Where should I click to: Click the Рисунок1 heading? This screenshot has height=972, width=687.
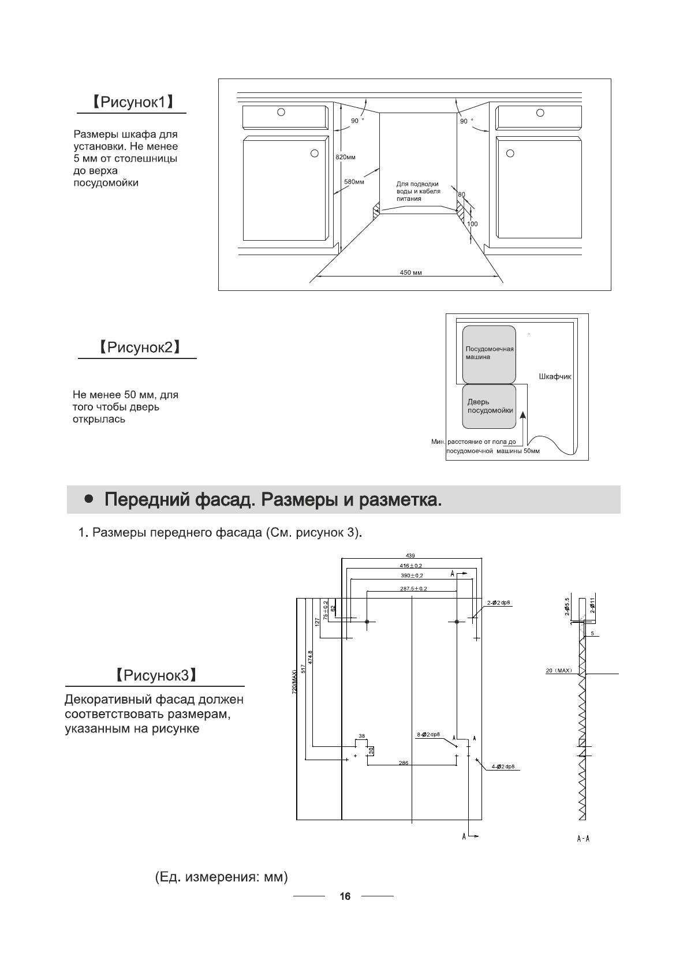point(132,103)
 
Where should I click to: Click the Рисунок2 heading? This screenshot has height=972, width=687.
point(137,347)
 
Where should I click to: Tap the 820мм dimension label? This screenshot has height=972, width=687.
point(345,157)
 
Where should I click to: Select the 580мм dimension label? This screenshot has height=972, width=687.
point(354,182)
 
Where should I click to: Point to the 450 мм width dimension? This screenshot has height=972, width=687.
point(410,272)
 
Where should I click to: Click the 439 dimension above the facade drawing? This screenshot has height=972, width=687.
point(410,555)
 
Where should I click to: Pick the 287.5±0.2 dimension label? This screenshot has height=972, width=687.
point(413,589)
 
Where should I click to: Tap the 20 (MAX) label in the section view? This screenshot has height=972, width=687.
point(559,671)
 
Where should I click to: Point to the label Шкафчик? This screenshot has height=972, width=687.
point(554,376)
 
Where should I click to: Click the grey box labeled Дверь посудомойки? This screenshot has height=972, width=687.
point(489,406)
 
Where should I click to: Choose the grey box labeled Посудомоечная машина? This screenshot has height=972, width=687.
point(488,354)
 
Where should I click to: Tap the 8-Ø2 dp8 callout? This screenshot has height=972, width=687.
point(428,734)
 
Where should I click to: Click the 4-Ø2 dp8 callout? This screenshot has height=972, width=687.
point(502,767)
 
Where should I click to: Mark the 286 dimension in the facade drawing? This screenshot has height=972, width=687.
point(403,763)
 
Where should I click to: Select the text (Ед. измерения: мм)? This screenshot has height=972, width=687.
point(221,878)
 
